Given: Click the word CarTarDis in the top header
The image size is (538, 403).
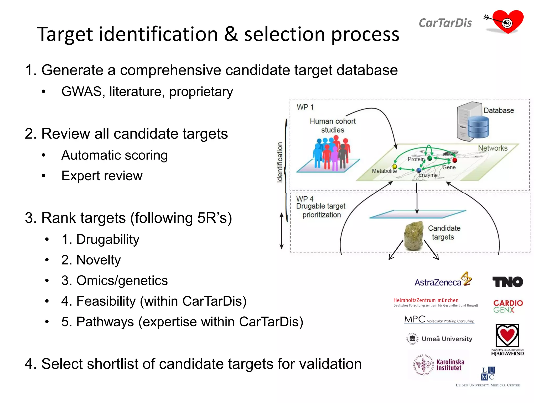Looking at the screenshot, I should pyautogui.click(x=445, y=23).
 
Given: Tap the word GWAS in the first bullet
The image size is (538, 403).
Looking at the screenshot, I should pyautogui.click(x=81, y=92).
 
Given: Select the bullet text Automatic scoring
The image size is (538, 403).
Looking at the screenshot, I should pyautogui.click(x=114, y=155).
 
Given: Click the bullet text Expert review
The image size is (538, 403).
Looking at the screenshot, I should pyautogui.click(x=102, y=176).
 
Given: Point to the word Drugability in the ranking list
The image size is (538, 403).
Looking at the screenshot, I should pyautogui.click(x=108, y=239).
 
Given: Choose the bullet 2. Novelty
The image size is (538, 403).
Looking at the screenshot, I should pyautogui.click(x=91, y=260).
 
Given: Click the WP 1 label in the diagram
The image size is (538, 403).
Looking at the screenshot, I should pyautogui.click(x=305, y=107).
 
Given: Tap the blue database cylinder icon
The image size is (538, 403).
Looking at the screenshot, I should pyautogui.click(x=478, y=127).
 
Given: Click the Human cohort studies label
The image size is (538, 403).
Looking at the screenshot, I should pyautogui.click(x=332, y=125).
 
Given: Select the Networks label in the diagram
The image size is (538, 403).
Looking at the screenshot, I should pyautogui.click(x=493, y=148).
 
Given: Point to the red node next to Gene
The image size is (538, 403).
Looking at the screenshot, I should pyautogui.click(x=455, y=160).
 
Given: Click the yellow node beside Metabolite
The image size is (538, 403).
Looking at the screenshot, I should pyautogui.click(x=394, y=166).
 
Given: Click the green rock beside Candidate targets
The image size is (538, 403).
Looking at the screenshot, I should pyautogui.click(x=414, y=236).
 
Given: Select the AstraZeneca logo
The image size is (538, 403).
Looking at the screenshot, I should pyautogui.click(x=443, y=280).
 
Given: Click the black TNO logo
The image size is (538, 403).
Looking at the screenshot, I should pyautogui.click(x=507, y=282).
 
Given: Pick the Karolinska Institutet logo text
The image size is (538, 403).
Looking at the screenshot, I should pyautogui.click(x=450, y=365).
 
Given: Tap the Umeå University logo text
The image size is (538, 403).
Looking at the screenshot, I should pyautogui.click(x=447, y=339).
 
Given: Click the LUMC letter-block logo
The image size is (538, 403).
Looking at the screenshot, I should pyautogui.click(x=488, y=374).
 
